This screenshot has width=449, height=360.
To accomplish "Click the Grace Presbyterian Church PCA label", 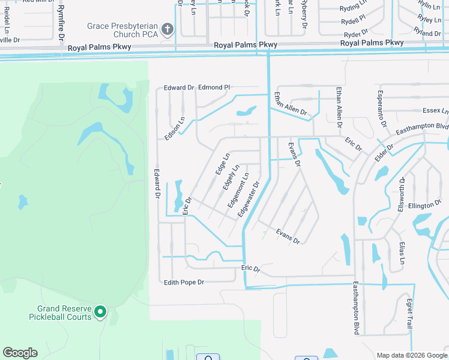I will [x=122, y=30].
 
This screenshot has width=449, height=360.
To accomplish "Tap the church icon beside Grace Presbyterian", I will [x=168, y=28].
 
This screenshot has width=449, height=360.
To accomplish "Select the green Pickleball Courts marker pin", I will [x=100, y=312].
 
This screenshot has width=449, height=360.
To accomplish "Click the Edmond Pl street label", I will [x=214, y=87].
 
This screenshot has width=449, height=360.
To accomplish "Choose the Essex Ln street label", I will [x=435, y=111].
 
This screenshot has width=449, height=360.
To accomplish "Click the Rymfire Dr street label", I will [x=61, y=27].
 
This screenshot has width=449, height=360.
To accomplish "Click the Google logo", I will [x=20, y=353].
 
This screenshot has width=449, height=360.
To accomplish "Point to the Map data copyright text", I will [x=412, y=355].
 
